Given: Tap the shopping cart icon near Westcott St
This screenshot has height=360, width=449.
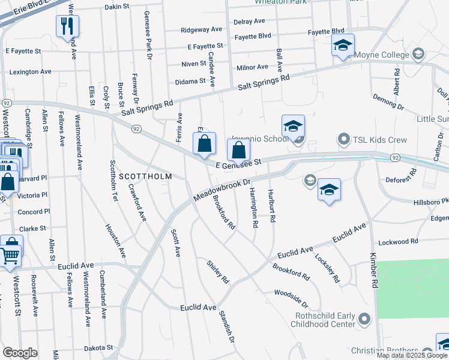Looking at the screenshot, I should tap(11, 254).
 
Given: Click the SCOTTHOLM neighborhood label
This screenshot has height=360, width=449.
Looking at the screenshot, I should tap(145, 176).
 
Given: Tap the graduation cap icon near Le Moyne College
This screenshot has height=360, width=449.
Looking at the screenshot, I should tap(343, 44).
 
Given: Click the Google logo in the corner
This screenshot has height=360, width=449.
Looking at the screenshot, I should tap(20, 353).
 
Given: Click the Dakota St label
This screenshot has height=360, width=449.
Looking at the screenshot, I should tap(98, 347).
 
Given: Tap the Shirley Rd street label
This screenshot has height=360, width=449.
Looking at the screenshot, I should tap(218, 271).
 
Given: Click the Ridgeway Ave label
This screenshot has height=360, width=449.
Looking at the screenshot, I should tap(202, 29).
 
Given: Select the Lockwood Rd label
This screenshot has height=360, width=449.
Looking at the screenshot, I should tap(398, 241).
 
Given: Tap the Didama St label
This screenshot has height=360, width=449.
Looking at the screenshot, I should tap(190, 81).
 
